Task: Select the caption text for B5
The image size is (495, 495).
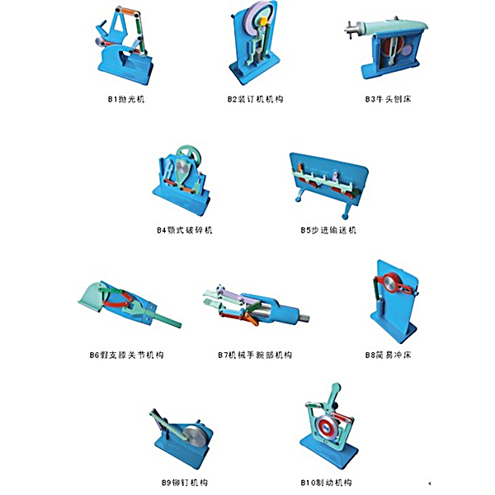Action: (x=328, y=230)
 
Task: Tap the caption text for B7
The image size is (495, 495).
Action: (x=255, y=356)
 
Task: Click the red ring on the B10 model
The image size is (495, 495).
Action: (x=327, y=427)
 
